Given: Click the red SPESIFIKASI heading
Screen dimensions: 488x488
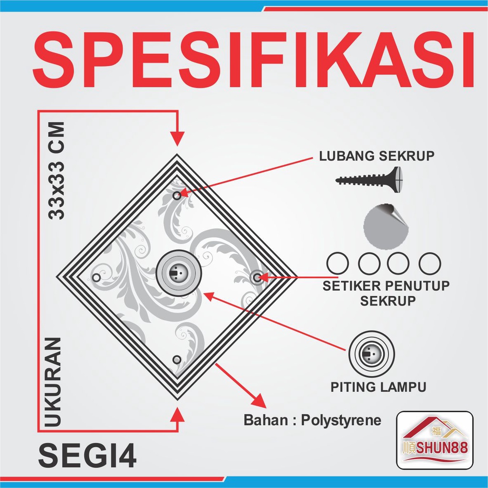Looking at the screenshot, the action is (x=254, y=60).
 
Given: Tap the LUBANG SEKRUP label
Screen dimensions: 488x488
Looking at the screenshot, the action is (x=376, y=156).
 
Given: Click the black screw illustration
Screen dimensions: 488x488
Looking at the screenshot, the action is (x=369, y=180).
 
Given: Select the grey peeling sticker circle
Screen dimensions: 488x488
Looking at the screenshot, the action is (x=386, y=226).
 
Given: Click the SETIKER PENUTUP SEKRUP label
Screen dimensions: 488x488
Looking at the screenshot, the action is (x=386, y=293).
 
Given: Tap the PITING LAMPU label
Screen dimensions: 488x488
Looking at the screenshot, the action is (x=378, y=387).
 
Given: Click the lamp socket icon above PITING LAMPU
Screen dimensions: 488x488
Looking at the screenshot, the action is (x=372, y=354).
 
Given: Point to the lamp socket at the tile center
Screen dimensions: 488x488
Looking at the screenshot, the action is (x=179, y=273).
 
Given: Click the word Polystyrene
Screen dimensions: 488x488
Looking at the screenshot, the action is (x=341, y=420).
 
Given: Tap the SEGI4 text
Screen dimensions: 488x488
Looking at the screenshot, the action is (x=88, y=456).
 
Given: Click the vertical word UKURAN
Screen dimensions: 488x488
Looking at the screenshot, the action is (x=53, y=382).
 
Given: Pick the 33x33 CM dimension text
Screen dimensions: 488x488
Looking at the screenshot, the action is (x=56, y=171).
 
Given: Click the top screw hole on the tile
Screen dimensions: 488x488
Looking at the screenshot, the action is (x=177, y=195).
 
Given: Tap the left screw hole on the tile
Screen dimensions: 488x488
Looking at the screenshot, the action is (x=96, y=278).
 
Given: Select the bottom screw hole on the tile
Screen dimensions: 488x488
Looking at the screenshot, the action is (x=177, y=360).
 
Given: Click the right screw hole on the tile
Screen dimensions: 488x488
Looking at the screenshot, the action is (x=257, y=277).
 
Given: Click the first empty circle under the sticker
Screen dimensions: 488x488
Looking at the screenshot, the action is (x=338, y=263).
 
